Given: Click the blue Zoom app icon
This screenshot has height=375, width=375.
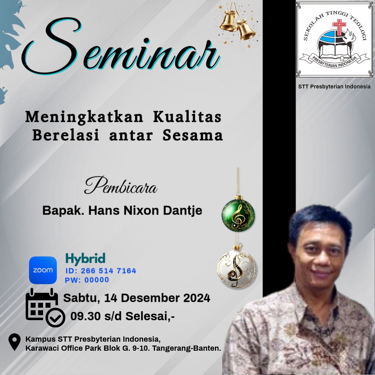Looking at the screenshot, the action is [x=43, y=270].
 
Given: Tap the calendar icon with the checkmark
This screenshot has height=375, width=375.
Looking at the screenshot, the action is [x=45, y=307].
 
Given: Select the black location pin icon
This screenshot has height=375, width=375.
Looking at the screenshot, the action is [x=14, y=342].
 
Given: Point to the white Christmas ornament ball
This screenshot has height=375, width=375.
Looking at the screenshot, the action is [x=237, y=266].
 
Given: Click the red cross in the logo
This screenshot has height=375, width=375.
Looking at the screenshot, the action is [x=339, y=27].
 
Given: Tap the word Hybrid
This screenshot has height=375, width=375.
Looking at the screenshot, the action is [x=85, y=259].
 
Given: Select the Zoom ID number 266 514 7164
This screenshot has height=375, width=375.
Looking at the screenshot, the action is [x=108, y=271].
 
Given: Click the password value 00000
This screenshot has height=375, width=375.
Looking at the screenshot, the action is [x=97, y=280].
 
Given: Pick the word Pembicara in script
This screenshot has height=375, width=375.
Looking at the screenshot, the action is [x=120, y=185].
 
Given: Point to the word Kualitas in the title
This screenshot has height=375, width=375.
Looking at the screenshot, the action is [x=187, y=117].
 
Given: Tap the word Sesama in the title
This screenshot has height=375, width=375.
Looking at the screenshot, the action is [x=192, y=135].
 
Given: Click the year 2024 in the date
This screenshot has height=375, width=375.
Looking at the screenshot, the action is [x=197, y=298].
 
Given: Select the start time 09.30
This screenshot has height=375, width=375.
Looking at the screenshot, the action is [x=85, y=316].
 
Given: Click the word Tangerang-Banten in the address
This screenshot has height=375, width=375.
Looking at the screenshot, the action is [x=186, y=348].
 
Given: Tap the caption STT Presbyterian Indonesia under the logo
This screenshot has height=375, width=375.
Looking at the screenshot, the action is [x=334, y=86].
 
